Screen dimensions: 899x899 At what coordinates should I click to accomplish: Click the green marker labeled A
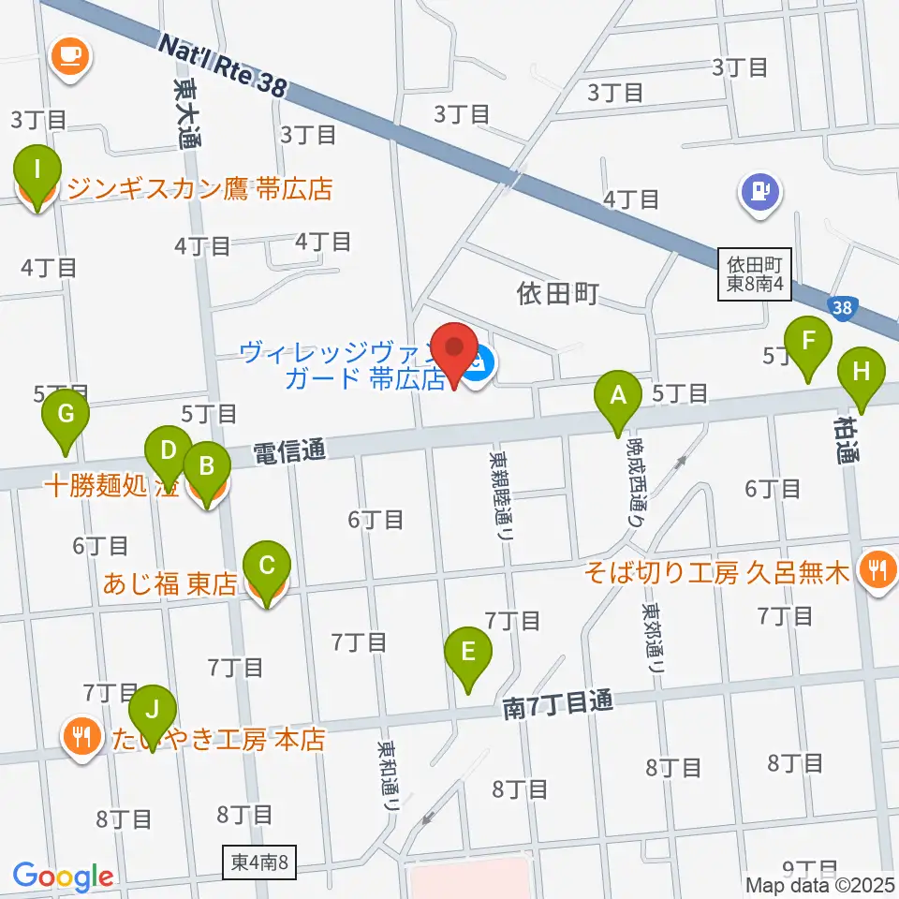click(617, 397)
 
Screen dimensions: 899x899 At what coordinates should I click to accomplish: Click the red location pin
click(455, 354)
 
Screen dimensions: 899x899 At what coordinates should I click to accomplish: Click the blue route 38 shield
click(842, 306)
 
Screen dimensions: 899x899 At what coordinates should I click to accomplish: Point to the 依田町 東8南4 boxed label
click(756, 274)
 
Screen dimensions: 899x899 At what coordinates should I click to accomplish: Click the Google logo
click(63, 876)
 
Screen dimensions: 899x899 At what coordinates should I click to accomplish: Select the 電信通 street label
click(290, 452)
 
